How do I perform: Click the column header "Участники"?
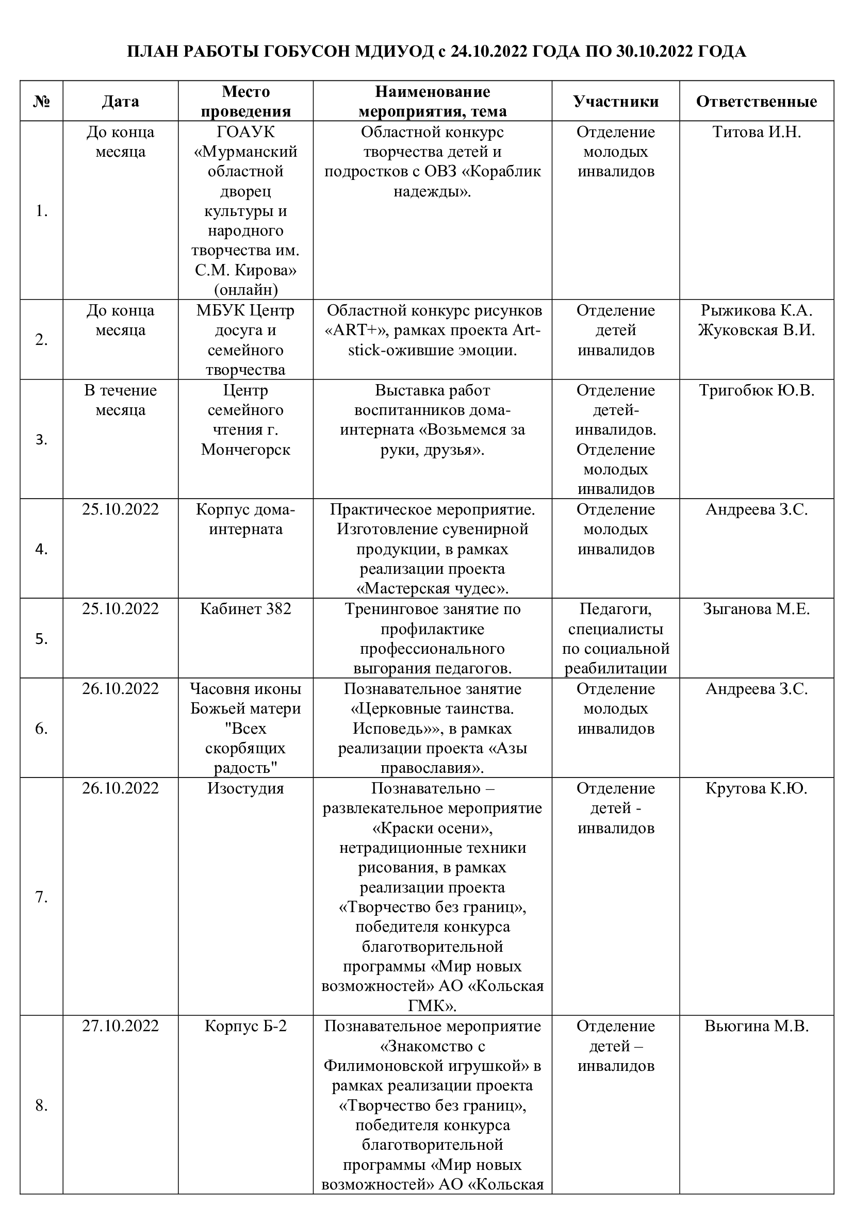[616, 102]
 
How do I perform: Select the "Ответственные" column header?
[757, 102]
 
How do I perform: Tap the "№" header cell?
[41, 102]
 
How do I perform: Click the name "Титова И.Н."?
[757, 132]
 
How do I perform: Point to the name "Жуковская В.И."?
[757, 331]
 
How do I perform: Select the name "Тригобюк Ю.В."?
[757, 390]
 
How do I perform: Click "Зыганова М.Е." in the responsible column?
[757, 609]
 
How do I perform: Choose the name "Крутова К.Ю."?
[757, 788]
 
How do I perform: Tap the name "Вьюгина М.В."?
[757, 1026]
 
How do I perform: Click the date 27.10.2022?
[120, 1026]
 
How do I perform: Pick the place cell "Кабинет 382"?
[245, 609]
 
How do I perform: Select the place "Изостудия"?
[245, 788]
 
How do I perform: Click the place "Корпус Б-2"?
[245, 1026]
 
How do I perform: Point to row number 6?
[41, 729]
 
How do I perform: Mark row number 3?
[41, 440]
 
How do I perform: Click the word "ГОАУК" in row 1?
[245, 132]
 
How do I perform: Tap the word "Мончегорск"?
[245, 450]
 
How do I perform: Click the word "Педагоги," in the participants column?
[616, 609]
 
